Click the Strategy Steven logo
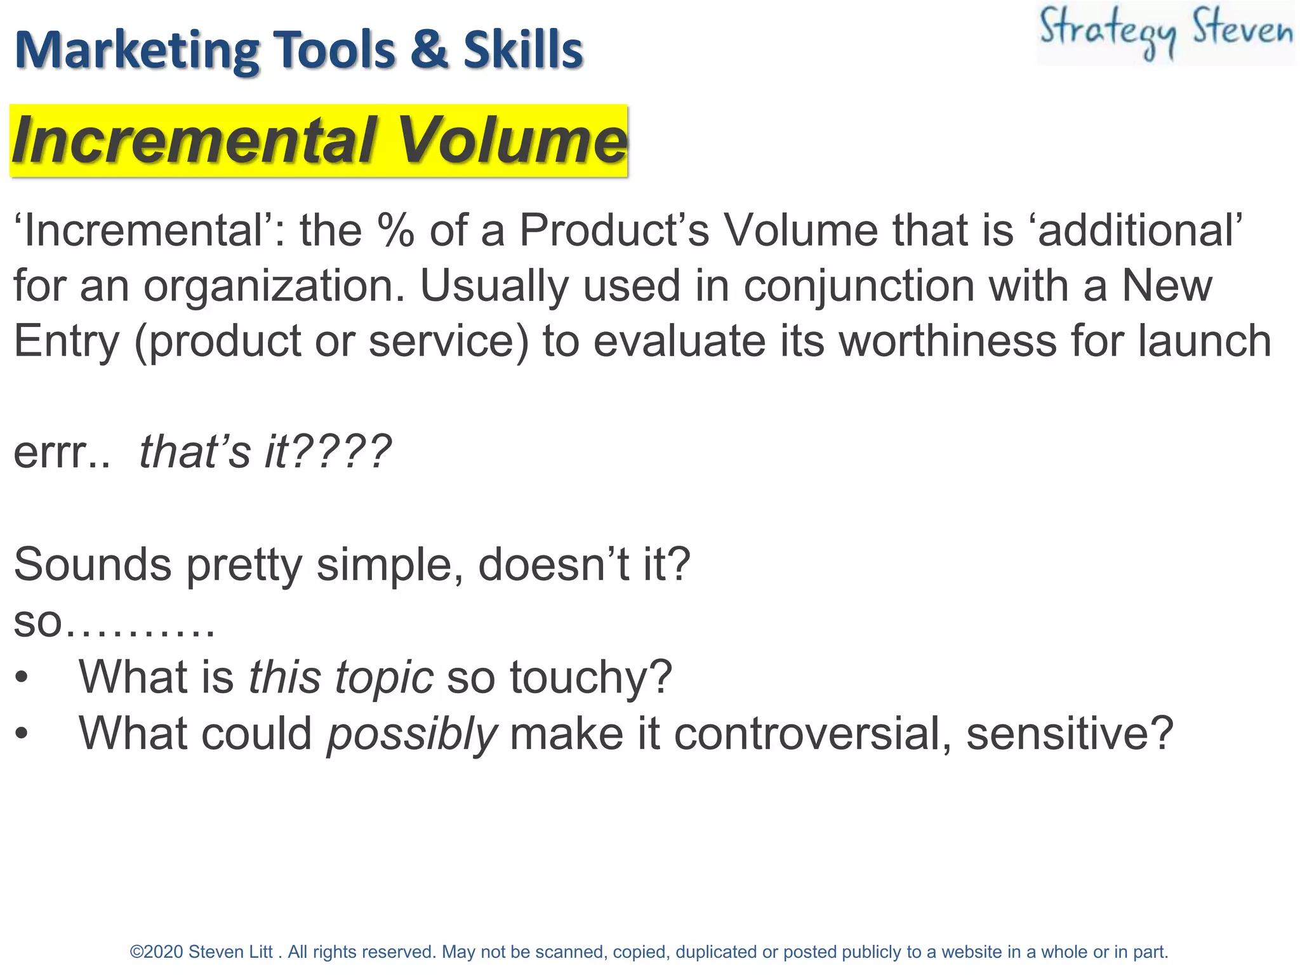pyautogui.click(x=1165, y=33)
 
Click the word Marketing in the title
pyautogui.click(x=136, y=51)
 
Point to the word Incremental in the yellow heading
pyautogui.click(x=194, y=141)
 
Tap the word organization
pyautogui.click(x=274, y=286)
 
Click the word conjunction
pyautogui.click(x=859, y=286)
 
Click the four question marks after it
pyautogui.click(x=343, y=452)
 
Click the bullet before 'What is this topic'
pyautogui.click(x=22, y=678)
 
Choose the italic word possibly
pyautogui.click(x=411, y=734)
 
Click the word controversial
pyautogui.click(x=812, y=734)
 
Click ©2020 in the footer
pyautogui.click(x=156, y=952)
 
